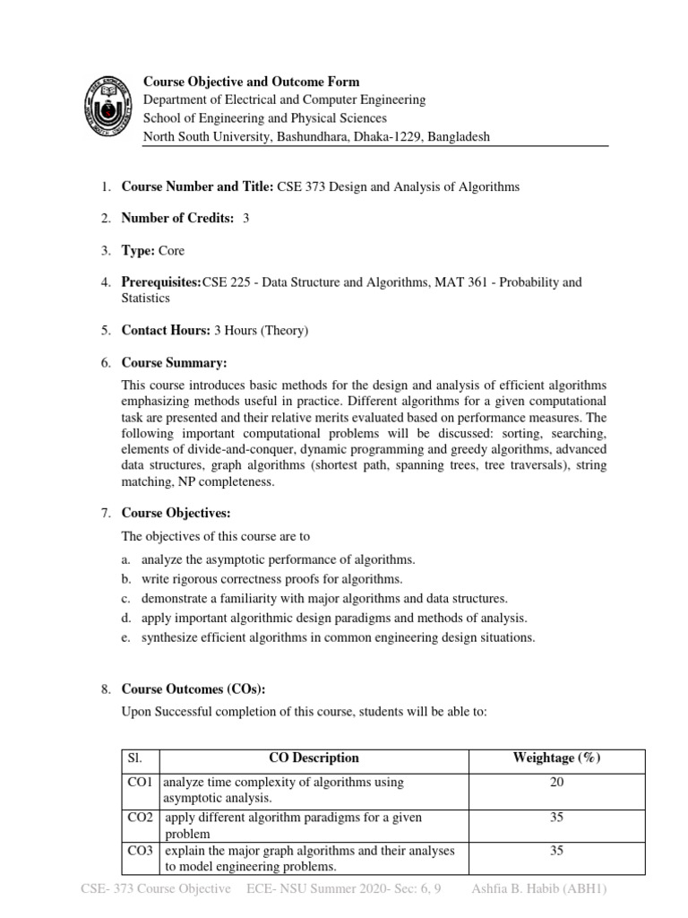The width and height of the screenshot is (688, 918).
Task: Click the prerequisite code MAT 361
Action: [460, 282]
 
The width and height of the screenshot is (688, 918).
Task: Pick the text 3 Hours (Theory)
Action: [261, 331]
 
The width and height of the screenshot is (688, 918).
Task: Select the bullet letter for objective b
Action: [128, 579]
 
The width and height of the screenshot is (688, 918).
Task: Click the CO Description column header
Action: [314, 758]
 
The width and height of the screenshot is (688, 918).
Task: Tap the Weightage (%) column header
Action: [556, 758]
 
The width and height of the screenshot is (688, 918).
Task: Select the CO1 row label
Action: [142, 783]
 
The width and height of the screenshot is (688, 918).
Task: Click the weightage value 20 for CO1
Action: [556, 783]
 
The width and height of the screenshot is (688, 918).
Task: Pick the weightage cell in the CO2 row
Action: [556, 818]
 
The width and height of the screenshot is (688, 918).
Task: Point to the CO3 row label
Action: [142, 851]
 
